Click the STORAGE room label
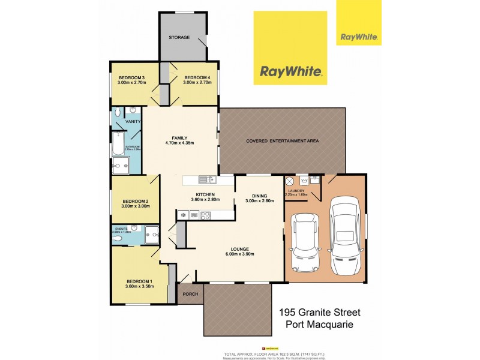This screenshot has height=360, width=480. click(179, 37)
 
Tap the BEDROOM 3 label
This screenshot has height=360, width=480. click(131, 78)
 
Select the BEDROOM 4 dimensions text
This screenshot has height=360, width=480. click(197, 83)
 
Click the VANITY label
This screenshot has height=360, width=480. click(133, 122)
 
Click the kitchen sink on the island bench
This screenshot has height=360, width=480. click(206, 178)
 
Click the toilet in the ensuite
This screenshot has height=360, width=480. click(118, 238)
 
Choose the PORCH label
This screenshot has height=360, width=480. click(191, 294)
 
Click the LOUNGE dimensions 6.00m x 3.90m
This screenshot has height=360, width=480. click(242, 254)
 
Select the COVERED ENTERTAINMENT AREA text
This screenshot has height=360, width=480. click(282, 141)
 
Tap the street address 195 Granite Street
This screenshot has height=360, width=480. click(319, 312)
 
